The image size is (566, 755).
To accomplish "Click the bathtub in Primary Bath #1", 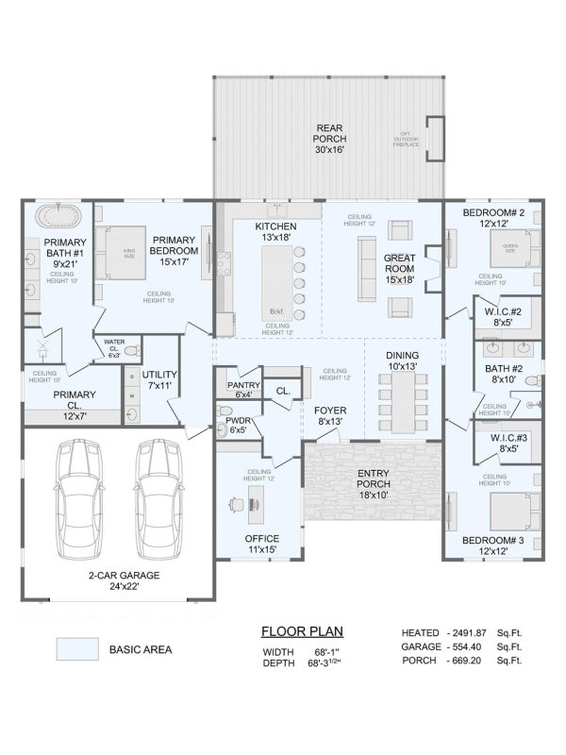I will pyautogui.click(x=58, y=216).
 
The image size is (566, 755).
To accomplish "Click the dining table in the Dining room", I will pyautogui.click(x=402, y=399).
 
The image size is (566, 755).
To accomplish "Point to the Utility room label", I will pyautogui.click(x=159, y=379).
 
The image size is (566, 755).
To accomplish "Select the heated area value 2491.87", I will pyautogui.click(x=469, y=632).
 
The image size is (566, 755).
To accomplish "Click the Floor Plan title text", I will pyautogui.click(x=301, y=631).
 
